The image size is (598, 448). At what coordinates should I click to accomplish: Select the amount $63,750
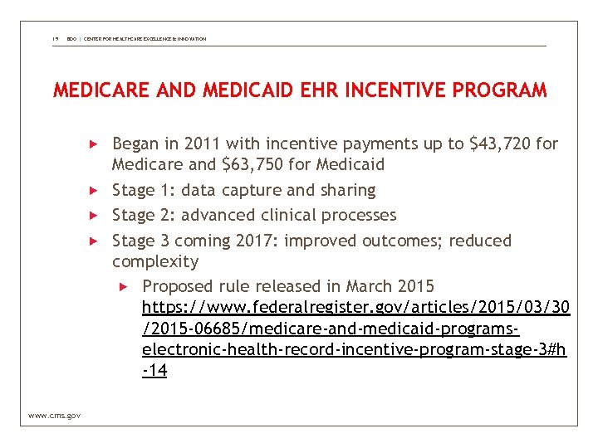pos(254,165)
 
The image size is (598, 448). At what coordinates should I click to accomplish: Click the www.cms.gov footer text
pos(54,415)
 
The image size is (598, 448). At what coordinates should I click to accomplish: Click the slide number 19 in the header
pos(55,39)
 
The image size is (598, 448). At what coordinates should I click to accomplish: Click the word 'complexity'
pos(155,262)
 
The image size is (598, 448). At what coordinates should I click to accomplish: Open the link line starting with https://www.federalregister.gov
pos(355,308)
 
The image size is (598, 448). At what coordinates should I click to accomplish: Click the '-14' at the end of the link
pos(154,371)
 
